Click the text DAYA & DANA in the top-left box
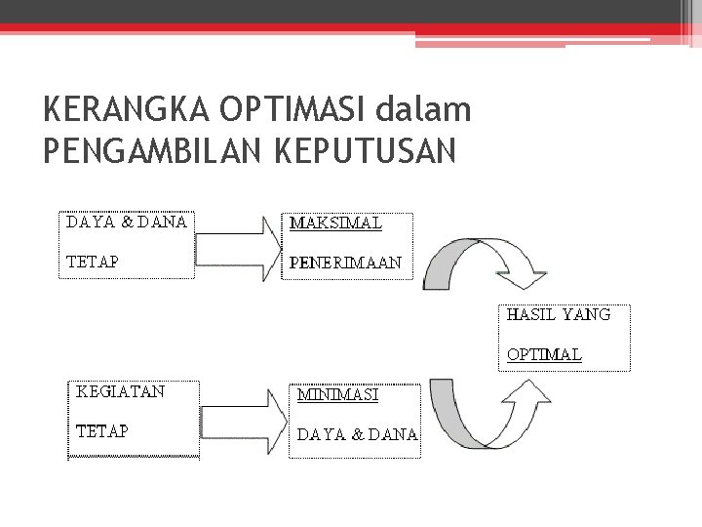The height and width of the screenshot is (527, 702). point(127,222)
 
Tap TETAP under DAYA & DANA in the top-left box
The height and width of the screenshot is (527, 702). point(92,262)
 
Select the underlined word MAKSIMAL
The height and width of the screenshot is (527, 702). point(335,223)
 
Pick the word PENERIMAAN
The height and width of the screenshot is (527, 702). point(345,263)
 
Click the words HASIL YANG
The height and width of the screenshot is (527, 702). point(559,314)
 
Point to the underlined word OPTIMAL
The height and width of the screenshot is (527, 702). point(544,354)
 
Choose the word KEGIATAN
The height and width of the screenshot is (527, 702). point(121,391)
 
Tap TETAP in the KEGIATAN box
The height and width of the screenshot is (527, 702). point(102,430)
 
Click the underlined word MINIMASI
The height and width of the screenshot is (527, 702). point(337,395)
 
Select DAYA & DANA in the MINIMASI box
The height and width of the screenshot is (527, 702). point(357,434)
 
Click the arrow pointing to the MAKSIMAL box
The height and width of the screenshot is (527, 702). point(237,248)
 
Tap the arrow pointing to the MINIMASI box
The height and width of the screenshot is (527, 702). point(243,421)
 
